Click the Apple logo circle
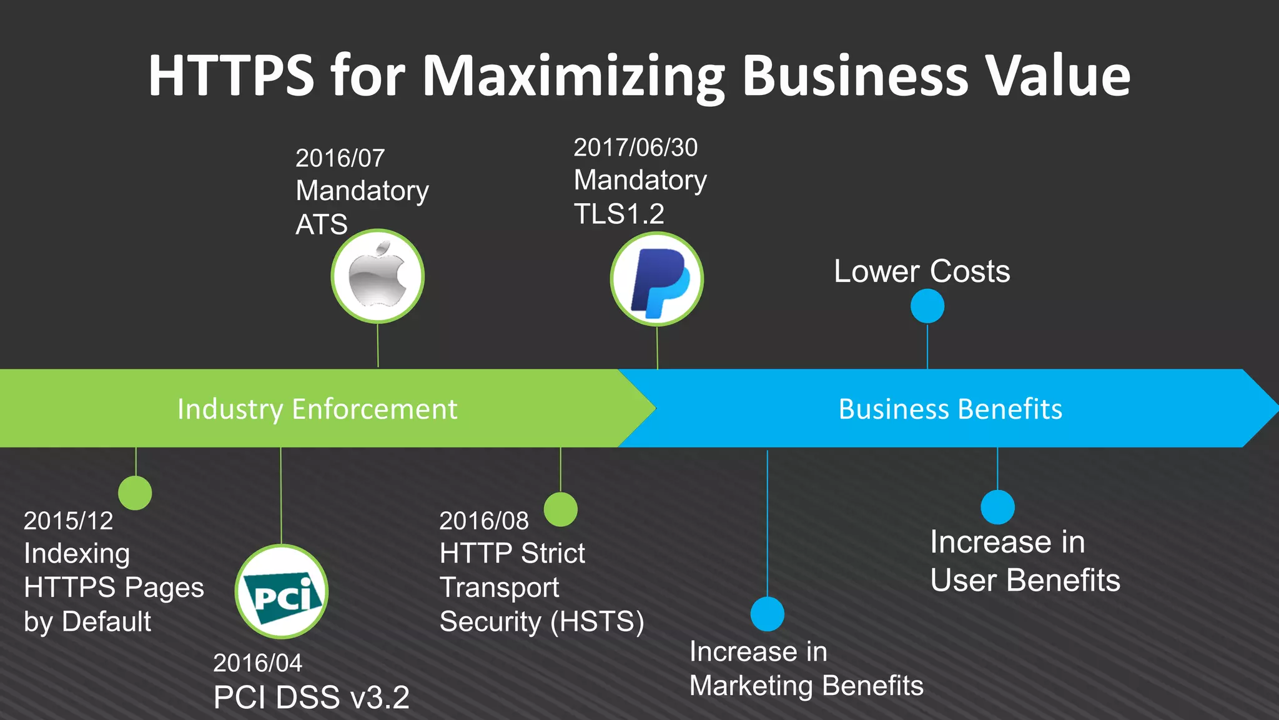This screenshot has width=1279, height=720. pos(378,276)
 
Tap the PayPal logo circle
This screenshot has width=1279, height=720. pos(657,279)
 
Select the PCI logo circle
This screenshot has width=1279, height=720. pos(282,591)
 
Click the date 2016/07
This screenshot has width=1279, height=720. pos(340,158)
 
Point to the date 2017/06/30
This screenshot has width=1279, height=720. pos(635,147)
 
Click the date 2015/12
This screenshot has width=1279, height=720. pos(68,521)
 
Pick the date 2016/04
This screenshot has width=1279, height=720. pos(257,663)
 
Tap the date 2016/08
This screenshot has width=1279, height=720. pos(484,521)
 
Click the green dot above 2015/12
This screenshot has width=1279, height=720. pos(135,492)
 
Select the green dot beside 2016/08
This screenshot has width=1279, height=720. pos(560,509)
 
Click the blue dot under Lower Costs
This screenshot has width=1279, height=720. pos(927,306)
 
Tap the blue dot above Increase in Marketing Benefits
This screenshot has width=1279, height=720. pos(767,614)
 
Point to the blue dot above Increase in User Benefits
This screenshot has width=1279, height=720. pos(997,507)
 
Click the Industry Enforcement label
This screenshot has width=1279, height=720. pos(317,409)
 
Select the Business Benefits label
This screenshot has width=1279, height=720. pos(950,409)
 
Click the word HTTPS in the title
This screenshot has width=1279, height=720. pos(231,76)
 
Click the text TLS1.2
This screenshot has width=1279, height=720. pos(619,214)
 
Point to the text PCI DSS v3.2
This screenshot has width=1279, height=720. pos(311,697)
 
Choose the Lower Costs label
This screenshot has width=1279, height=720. pos(922,271)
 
